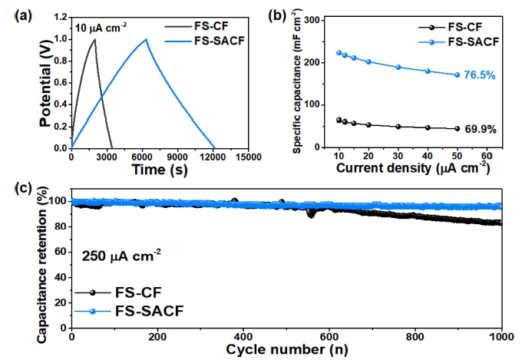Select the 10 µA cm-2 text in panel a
click(x=101, y=28)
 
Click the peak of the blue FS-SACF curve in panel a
click(x=146, y=39)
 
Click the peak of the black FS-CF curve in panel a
click(x=94, y=39)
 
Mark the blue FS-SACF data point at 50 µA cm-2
click(x=458, y=74)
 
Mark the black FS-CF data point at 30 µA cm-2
click(x=398, y=126)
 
